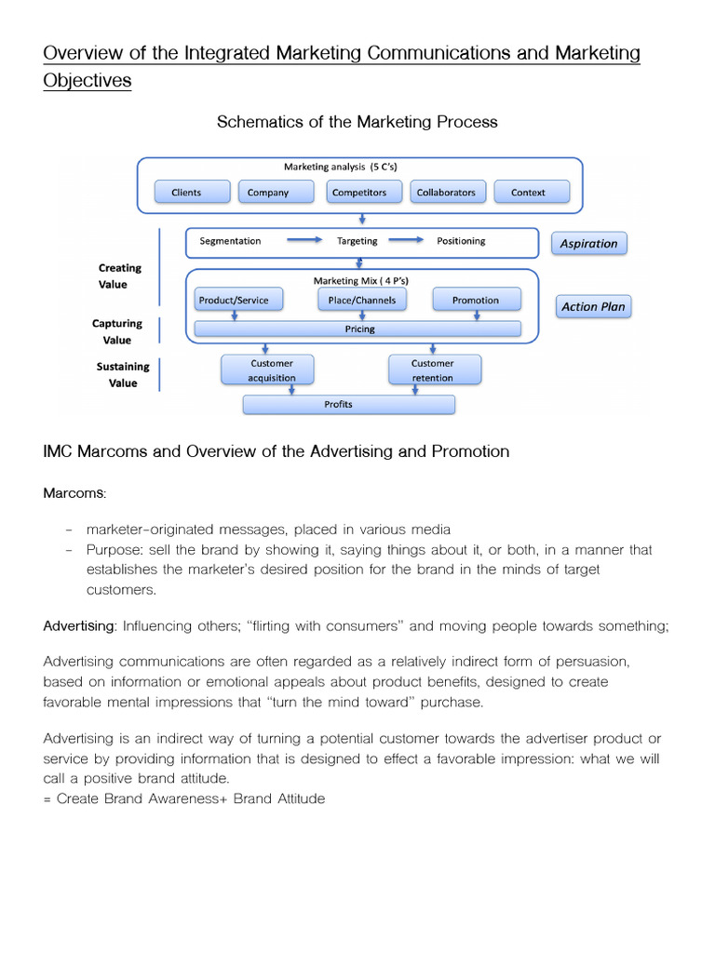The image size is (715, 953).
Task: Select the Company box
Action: pyautogui.click(x=276, y=192)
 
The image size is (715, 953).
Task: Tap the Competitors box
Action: pyautogui.click(x=364, y=192)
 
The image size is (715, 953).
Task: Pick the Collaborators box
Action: pyautogui.click(x=448, y=192)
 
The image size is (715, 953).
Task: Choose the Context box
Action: pyautogui.click(x=532, y=192)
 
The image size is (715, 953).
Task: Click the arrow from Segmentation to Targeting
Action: pyautogui.click(x=304, y=240)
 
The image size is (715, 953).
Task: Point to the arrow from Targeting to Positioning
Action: pyautogui.click(x=406, y=240)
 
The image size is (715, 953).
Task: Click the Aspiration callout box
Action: pyautogui.click(x=589, y=243)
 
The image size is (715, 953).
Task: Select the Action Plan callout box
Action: pyautogui.click(x=593, y=306)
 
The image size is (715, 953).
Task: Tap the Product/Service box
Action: pyautogui.click(x=238, y=300)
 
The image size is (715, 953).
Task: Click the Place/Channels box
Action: pyautogui.click(x=362, y=300)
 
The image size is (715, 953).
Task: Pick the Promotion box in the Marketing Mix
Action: pyautogui.click(x=477, y=300)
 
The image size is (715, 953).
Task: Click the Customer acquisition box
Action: pyautogui.click(x=267, y=369)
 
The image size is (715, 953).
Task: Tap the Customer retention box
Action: pyautogui.click(x=435, y=369)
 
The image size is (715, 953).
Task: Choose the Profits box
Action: pyautogui.click(x=349, y=404)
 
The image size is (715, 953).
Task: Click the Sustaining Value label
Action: pyautogui.click(x=123, y=374)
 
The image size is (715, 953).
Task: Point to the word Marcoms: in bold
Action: pyautogui.click(x=74, y=493)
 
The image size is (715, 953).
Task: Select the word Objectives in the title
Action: pyautogui.click(x=88, y=80)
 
